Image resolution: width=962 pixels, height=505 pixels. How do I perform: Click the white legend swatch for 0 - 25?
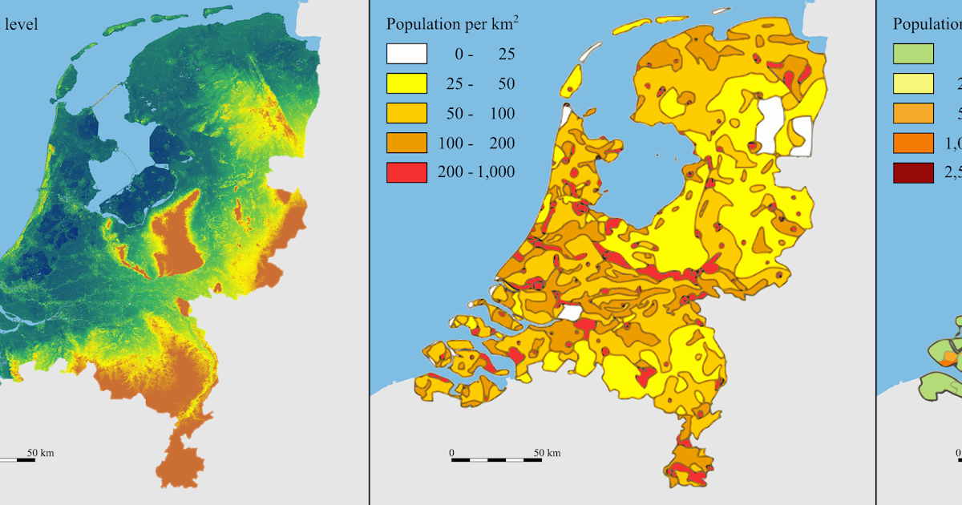pos(406,54)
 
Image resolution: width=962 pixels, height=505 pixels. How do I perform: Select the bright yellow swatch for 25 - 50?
pos(406,83)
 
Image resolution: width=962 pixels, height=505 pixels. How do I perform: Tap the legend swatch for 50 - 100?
pos(406,113)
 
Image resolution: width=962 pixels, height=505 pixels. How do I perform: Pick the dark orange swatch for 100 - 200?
pos(406,143)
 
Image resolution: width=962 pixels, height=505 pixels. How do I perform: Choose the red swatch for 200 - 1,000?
pos(406,172)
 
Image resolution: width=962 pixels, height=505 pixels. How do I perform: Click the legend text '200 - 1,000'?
pos(476,172)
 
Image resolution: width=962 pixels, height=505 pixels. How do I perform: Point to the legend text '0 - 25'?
pos(481,55)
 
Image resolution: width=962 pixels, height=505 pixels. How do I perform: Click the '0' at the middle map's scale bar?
pos(451,453)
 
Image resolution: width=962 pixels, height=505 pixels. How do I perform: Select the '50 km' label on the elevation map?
pos(40,453)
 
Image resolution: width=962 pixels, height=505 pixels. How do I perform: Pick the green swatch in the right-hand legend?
pos(913,54)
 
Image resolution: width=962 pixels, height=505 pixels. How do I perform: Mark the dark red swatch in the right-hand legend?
pos(913,172)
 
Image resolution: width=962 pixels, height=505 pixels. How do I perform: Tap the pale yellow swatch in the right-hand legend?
pos(913,83)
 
